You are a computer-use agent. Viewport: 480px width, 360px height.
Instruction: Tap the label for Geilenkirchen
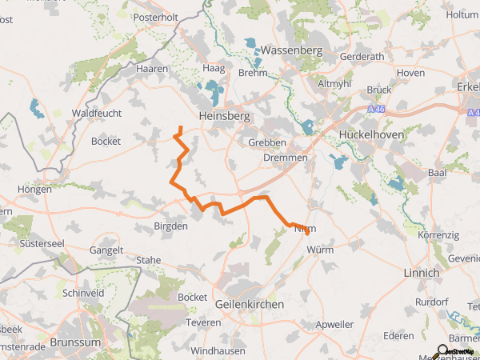coord(250,304)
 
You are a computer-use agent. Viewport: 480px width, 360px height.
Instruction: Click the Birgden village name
coord(170,226)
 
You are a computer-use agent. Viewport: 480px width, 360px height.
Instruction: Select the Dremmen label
coord(286,158)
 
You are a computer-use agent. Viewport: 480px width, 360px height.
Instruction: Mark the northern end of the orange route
coord(180,127)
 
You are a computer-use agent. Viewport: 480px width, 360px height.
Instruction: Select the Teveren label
coord(202,322)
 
